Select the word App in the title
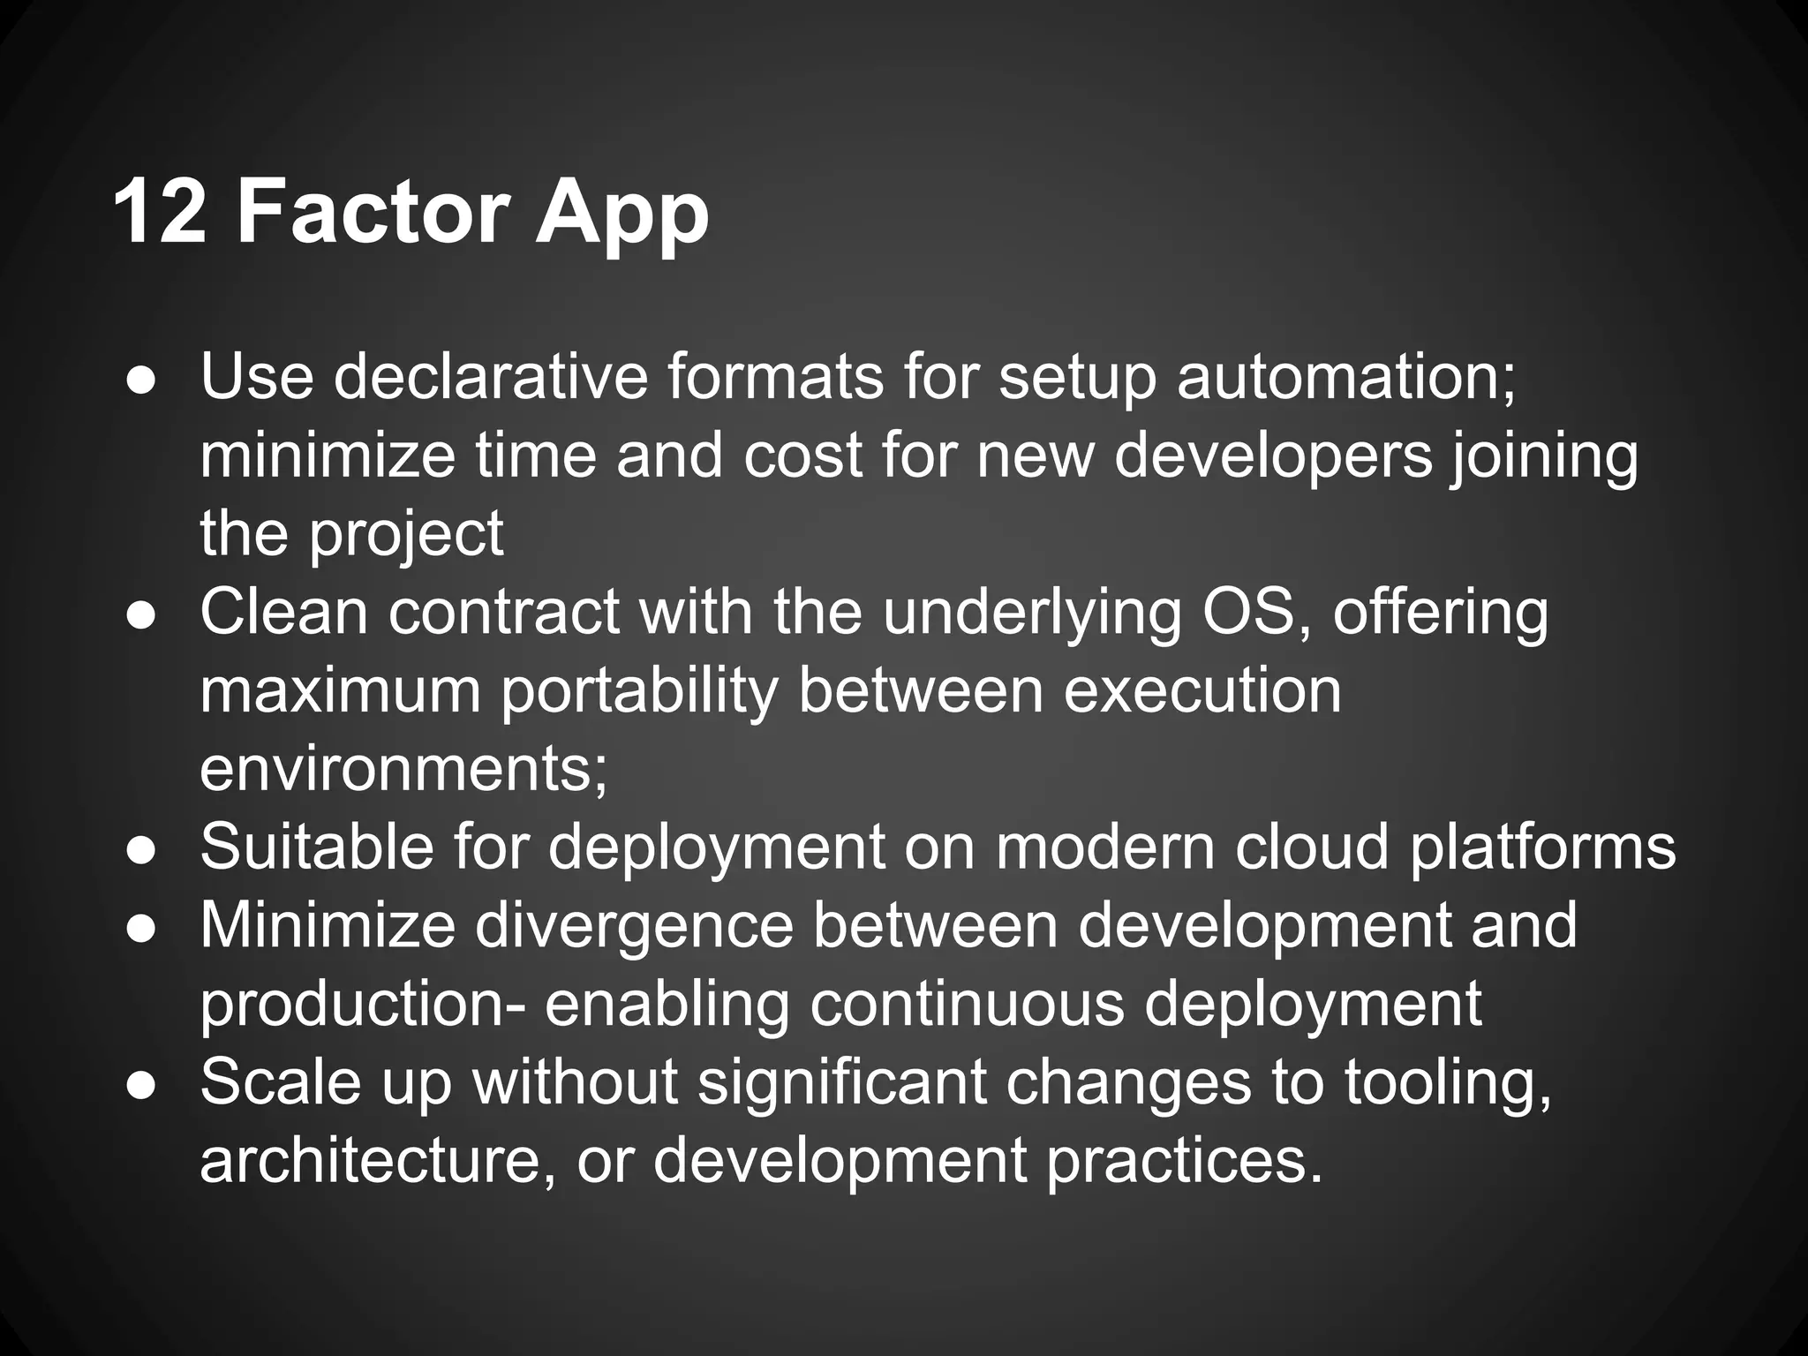tap(621, 216)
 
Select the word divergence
tap(636, 927)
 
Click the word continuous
tap(967, 1005)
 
